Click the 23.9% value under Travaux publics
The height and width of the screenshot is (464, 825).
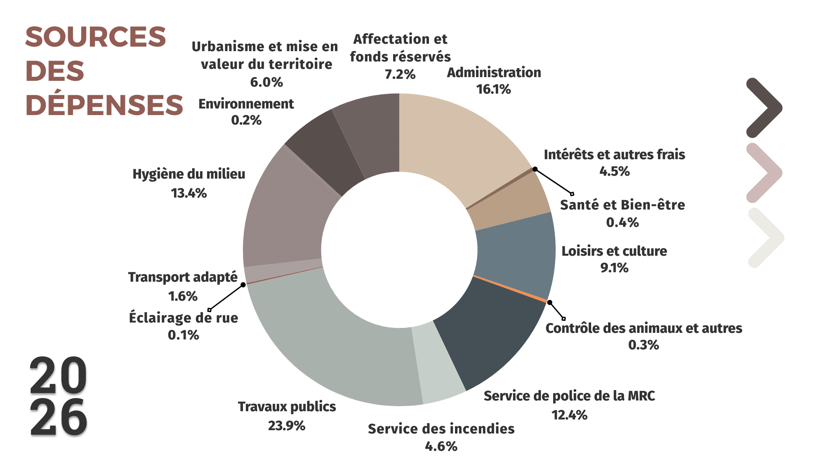pyautogui.click(x=286, y=425)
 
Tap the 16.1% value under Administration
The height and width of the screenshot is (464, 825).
pyautogui.click(x=493, y=89)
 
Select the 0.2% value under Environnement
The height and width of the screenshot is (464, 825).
pyautogui.click(x=246, y=120)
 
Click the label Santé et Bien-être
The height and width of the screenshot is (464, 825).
pyautogui.click(x=622, y=205)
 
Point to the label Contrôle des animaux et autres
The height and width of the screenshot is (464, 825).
pyautogui.click(x=643, y=328)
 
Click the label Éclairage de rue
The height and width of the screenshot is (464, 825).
pyautogui.click(x=183, y=318)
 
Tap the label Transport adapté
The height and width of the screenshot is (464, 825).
pyautogui.click(x=182, y=277)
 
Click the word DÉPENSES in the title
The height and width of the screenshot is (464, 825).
pyautogui.click(x=104, y=105)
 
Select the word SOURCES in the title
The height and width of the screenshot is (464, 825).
pyautogui.click(x=95, y=37)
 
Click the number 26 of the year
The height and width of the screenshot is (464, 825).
pyautogui.click(x=58, y=417)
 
